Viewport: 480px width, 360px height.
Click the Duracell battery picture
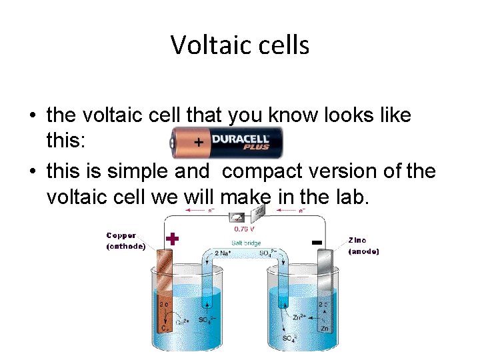[227, 142]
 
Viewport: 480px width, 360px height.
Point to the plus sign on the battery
[199, 143]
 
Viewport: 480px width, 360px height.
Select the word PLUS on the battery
[255, 147]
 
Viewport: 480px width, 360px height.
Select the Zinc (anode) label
[363, 245]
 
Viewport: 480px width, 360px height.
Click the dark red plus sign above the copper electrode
[172, 239]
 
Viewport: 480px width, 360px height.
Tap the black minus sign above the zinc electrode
[317, 241]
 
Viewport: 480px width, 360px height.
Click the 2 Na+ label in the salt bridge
[223, 253]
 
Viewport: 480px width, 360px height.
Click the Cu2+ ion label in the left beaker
[183, 321]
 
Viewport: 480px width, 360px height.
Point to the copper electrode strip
[164, 293]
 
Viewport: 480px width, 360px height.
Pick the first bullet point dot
[32, 116]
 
